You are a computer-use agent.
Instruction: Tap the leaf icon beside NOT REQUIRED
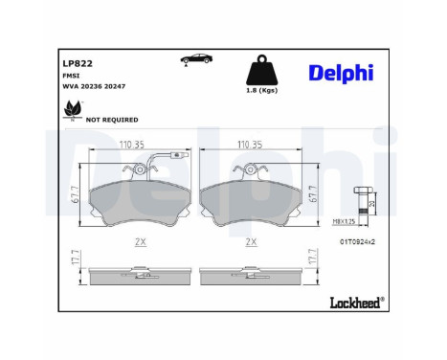72,116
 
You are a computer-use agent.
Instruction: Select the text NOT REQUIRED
112,120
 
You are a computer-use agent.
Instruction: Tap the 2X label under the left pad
139,241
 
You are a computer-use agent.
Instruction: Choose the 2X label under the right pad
252,241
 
